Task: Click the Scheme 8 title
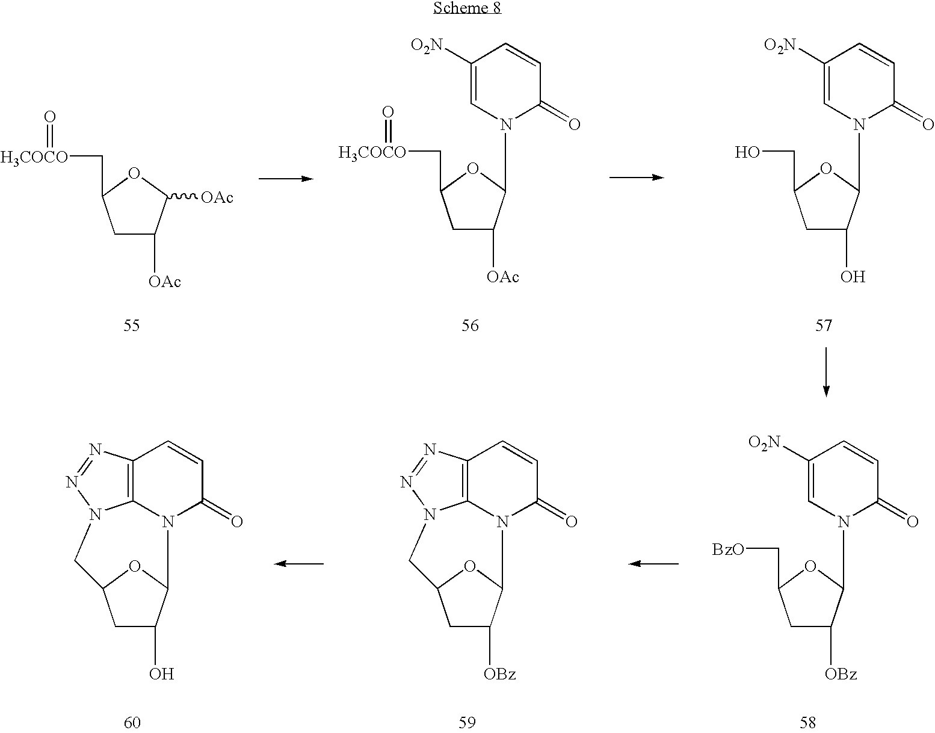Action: click(467, 8)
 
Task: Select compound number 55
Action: click(132, 326)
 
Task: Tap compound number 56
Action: click(470, 326)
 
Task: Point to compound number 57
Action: click(824, 326)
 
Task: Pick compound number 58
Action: click(807, 723)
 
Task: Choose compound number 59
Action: click(467, 723)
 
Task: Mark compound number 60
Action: click(132, 723)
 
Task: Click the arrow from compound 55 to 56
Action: click(286, 178)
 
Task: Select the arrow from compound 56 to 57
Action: click(637, 177)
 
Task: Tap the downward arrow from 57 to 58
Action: click(825, 372)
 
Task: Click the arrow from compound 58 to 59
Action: click(653, 563)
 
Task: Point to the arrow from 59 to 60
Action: click(298, 563)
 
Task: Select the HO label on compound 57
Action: click(747, 152)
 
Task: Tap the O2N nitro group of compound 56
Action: click(427, 45)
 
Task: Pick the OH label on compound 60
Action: click(161, 673)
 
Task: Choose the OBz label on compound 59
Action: click(499, 673)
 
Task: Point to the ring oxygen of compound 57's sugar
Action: click(825, 169)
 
